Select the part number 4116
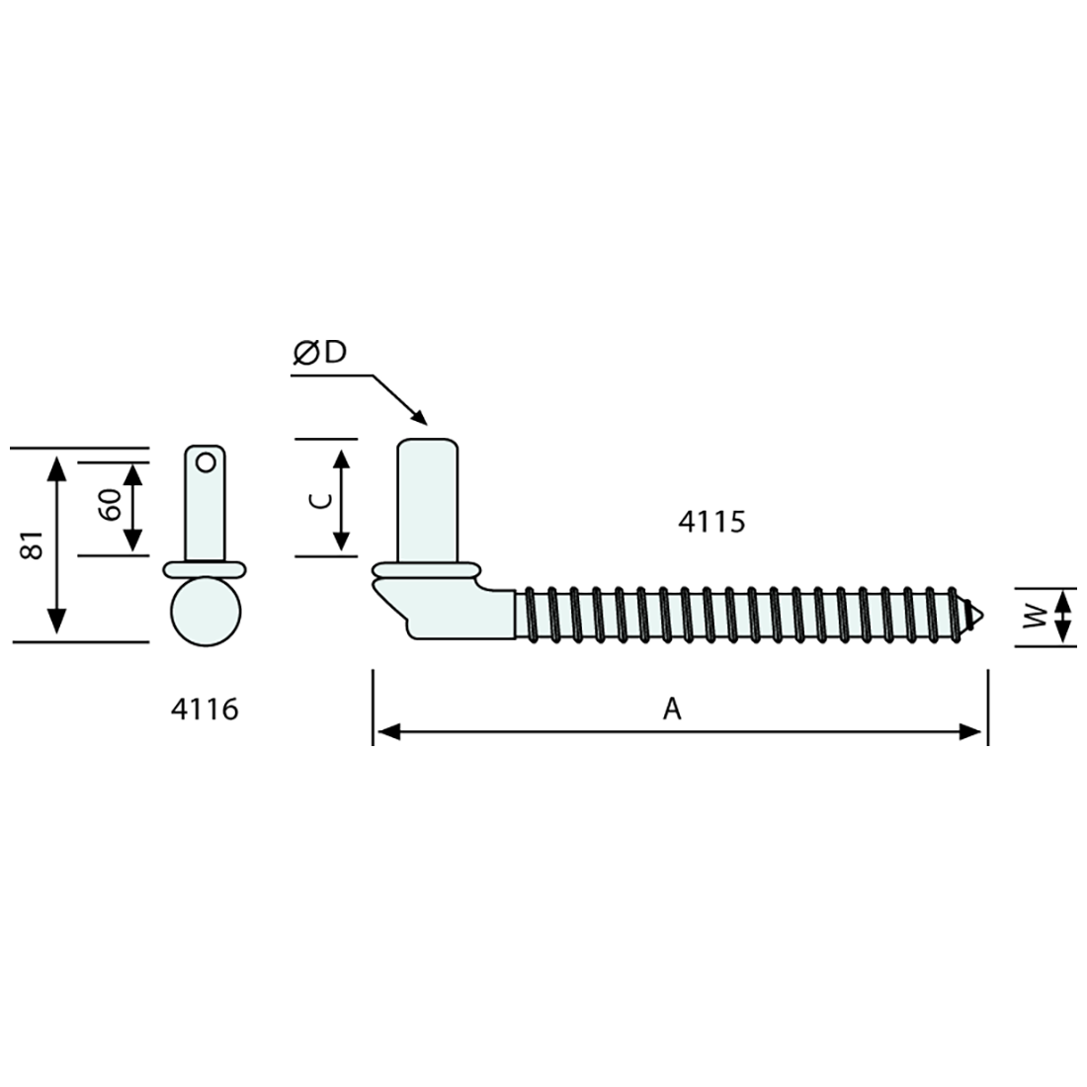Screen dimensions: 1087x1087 coord(205,709)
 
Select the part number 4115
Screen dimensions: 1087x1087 coord(711,522)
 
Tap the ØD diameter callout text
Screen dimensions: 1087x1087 coord(320,354)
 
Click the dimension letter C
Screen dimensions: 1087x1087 coord(319,500)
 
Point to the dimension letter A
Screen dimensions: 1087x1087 coord(672,709)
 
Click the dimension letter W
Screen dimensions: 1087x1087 coord(1034,619)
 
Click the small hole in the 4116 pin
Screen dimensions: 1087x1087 coord(206,460)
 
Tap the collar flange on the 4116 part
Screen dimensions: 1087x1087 coord(205,568)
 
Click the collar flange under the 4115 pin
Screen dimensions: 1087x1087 coord(427,571)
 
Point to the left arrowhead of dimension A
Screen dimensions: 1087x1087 coord(386,732)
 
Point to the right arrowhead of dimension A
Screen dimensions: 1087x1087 coord(973,732)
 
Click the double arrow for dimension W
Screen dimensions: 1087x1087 coord(1062,618)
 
